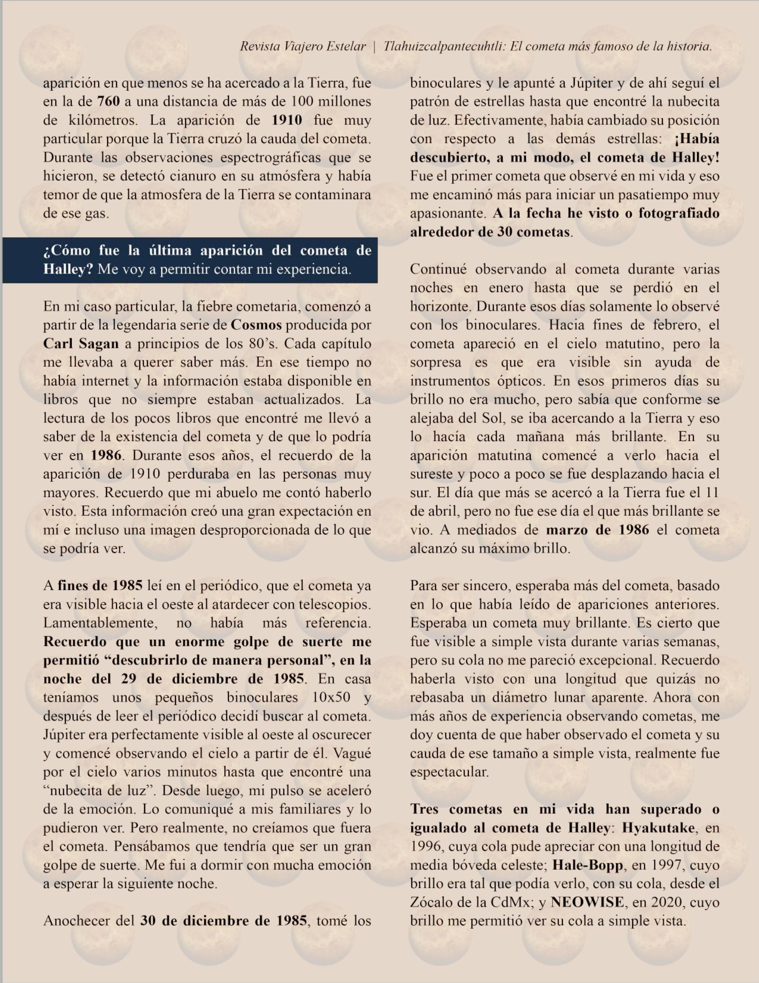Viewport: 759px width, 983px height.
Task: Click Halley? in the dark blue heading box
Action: pyautogui.click(x=68, y=269)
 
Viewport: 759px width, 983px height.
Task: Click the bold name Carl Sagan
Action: pyautogui.click(x=81, y=344)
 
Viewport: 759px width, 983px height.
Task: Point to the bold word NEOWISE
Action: pyautogui.click(x=587, y=902)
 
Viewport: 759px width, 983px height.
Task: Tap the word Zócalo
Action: pyautogui.click(x=431, y=902)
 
